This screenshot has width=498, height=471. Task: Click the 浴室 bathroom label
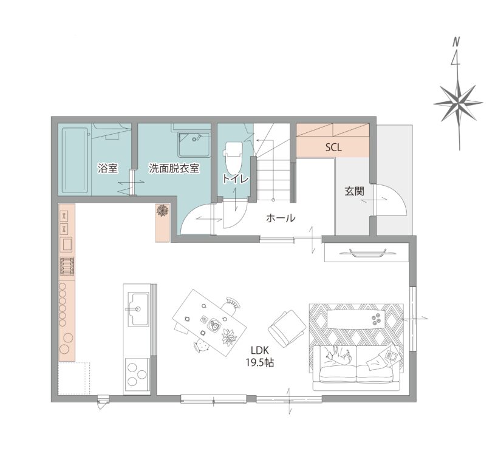pos(108,168)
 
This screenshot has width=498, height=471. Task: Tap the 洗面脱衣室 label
pos(174,168)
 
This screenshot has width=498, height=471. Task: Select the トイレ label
pos(236,178)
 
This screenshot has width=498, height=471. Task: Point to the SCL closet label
pos(333,147)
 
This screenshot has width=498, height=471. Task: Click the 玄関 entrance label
pos(355,191)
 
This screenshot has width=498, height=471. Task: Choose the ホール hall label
pos(281,218)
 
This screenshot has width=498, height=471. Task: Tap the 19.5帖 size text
pos(260,363)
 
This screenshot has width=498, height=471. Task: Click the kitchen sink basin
pos(138,309)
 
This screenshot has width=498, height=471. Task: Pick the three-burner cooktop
pos(137,376)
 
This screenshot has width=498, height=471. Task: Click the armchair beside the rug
pos(287,328)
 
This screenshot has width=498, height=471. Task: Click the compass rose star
pos(458,103)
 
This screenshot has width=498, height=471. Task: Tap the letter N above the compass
pos(456,41)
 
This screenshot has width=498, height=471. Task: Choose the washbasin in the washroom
pos(194,144)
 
